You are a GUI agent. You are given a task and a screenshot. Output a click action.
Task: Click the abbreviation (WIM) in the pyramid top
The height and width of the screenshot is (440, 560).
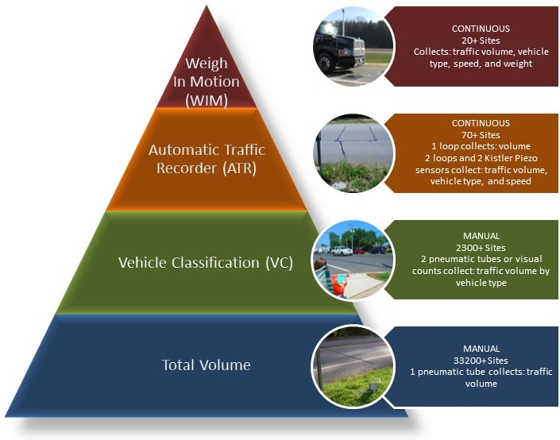click(x=207, y=99)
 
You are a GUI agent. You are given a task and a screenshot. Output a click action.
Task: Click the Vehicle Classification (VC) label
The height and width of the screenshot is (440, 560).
click(x=206, y=262)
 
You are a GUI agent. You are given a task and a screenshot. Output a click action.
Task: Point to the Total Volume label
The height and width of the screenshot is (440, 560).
click(x=207, y=365)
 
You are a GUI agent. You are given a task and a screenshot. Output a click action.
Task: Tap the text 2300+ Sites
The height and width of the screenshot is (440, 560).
click(x=475, y=248)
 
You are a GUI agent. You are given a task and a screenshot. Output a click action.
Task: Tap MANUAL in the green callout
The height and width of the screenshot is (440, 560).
click(x=475, y=236)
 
